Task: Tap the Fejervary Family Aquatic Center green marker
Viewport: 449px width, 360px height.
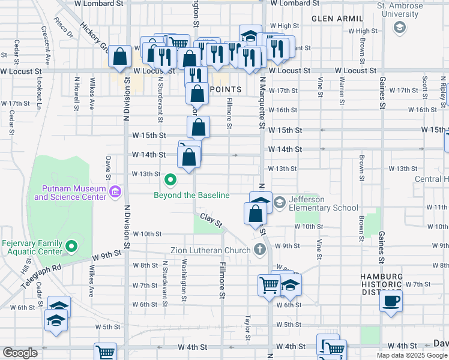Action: point(71,246)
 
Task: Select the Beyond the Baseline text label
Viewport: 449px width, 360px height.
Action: point(191,195)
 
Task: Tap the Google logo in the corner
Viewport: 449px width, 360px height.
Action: point(19,353)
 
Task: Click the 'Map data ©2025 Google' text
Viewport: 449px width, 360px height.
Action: point(412,355)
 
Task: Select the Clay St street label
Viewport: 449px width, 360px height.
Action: point(211,220)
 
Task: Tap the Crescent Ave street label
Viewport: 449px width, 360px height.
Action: point(44,44)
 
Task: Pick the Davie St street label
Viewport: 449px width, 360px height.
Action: point(108,167)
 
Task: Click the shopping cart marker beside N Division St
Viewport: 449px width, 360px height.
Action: point(105,353)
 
